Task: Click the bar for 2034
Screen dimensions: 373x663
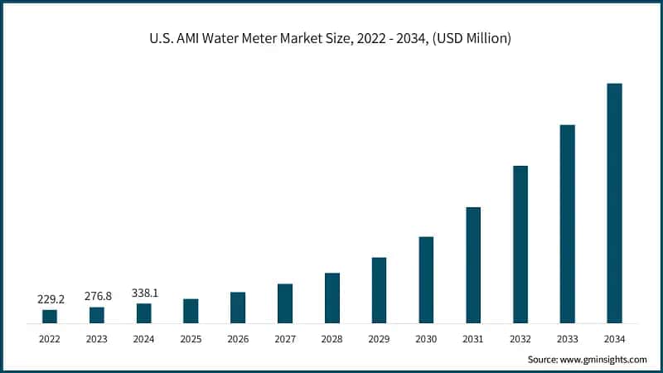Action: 614,203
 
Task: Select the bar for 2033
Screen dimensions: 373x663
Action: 567,224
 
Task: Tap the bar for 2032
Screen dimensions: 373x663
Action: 520,245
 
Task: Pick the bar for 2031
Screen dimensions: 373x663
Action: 472,265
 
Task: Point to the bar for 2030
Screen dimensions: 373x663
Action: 426,279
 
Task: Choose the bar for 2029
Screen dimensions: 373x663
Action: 379,290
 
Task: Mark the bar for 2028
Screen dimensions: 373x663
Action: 332,298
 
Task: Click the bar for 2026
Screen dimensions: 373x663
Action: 238,308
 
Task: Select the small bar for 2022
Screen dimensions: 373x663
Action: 50,316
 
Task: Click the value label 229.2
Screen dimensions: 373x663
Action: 50,299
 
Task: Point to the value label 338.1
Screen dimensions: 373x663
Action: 144,293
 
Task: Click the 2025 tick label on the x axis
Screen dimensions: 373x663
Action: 191,338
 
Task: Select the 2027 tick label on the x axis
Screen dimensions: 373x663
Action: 285,338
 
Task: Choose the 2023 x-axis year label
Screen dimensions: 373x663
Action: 97,338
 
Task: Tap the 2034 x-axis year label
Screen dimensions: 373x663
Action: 614,338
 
